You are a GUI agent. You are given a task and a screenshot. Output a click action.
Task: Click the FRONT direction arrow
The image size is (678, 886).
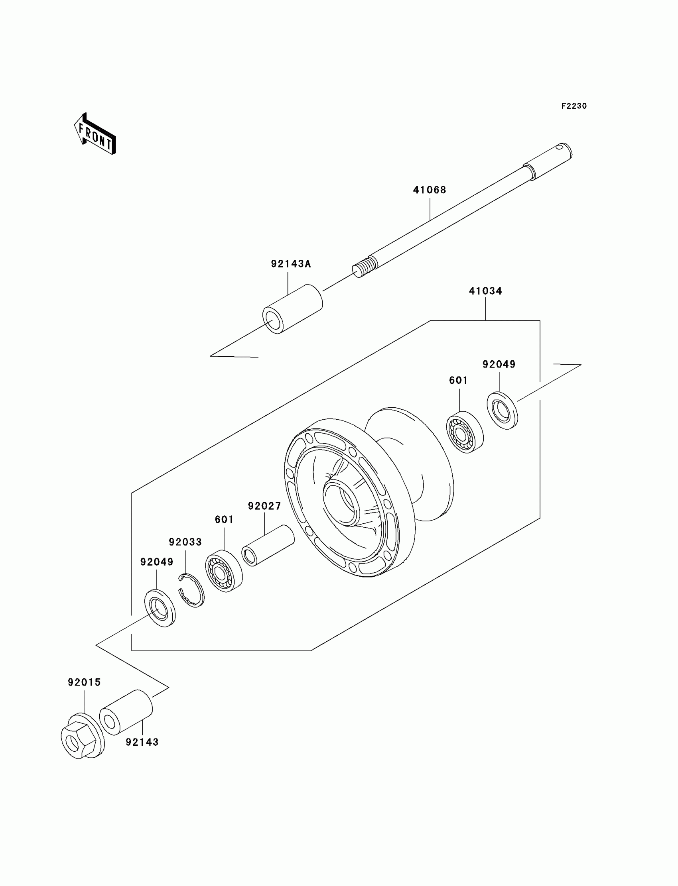point(95,135)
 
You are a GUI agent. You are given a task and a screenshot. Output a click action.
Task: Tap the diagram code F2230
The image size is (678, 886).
point(574,106)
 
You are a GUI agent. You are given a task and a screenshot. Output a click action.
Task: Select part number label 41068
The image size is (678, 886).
point(430,190)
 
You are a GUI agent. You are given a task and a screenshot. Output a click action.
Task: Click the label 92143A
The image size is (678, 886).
point(291,264)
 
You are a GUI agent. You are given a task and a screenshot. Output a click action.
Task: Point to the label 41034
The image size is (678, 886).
point(485,291)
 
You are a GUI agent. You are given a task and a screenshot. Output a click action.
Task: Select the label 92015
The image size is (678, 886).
point(84,682)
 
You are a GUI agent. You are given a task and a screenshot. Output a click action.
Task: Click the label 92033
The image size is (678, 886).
point(185,542)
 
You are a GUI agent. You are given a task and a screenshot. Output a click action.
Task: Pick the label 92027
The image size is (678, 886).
point(264,506)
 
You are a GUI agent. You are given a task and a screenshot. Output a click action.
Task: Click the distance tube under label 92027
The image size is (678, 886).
point(268,545)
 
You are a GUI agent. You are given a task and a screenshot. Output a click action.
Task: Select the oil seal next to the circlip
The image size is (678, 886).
point(160,608)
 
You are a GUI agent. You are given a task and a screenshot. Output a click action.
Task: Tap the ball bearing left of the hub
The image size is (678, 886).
point(224,571)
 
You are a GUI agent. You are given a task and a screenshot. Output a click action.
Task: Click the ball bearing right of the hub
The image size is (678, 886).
point(465,432)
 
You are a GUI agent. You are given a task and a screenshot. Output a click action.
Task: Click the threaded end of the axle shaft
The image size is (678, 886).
point(365,267)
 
